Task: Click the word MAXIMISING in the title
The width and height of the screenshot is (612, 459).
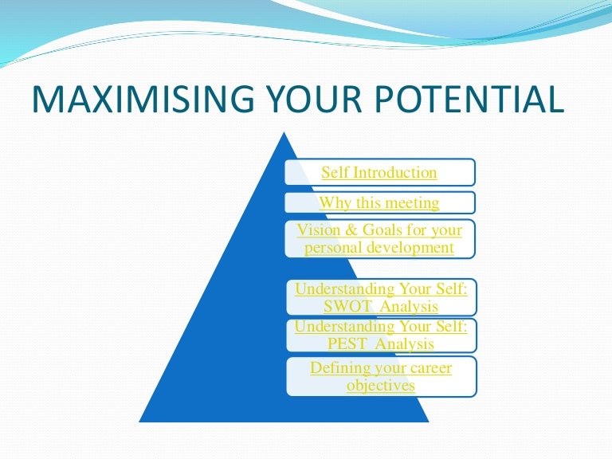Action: (143, 99)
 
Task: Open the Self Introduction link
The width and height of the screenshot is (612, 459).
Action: (379, 172)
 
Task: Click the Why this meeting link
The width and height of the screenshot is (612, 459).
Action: (379, 203)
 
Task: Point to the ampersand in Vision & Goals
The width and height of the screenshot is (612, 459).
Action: (351, 229)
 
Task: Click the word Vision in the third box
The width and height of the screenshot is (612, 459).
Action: (319, 229)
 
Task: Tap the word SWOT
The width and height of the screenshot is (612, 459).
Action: (347, 306)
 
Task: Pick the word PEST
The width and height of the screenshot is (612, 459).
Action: (347, 344)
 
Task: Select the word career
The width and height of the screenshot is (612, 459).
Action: (430, 368)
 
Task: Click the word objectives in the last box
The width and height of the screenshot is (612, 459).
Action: (381, 386)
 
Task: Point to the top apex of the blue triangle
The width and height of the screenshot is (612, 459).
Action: (284, 132)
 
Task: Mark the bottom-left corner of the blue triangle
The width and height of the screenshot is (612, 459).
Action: (139, 422)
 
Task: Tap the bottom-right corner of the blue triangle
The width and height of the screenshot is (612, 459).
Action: (429, 422)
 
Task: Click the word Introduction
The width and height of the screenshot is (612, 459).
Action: (395, 172)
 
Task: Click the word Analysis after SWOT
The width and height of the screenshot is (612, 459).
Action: (409, 307)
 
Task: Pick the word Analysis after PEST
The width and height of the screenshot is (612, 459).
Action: (405, 344)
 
